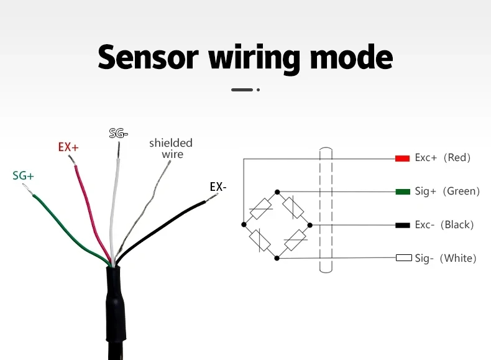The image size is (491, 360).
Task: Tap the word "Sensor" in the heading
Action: tap(148, 57)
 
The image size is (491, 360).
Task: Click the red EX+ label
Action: tap(68, 147)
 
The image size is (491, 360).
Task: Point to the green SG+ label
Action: tap(23, 176)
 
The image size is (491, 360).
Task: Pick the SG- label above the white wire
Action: tap(118, 133)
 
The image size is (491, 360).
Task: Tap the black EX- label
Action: tap(218, 187)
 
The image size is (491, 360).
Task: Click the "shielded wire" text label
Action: tap(171, 149)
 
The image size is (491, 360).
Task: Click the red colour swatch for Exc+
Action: tap(402, 158)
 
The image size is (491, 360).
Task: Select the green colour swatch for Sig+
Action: tap(402, 192)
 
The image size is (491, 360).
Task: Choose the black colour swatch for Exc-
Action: tap(402, 224)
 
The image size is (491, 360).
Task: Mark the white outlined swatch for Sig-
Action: tap(404, 258)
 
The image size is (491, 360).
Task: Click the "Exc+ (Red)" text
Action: tap(443, 158)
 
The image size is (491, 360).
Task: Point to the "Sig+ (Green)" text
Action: tap(447, 192)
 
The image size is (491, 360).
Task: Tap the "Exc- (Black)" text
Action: tap(444, 224)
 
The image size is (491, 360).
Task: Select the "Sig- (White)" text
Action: tap(445, 258)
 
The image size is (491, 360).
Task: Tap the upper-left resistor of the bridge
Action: tap(260, 208)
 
